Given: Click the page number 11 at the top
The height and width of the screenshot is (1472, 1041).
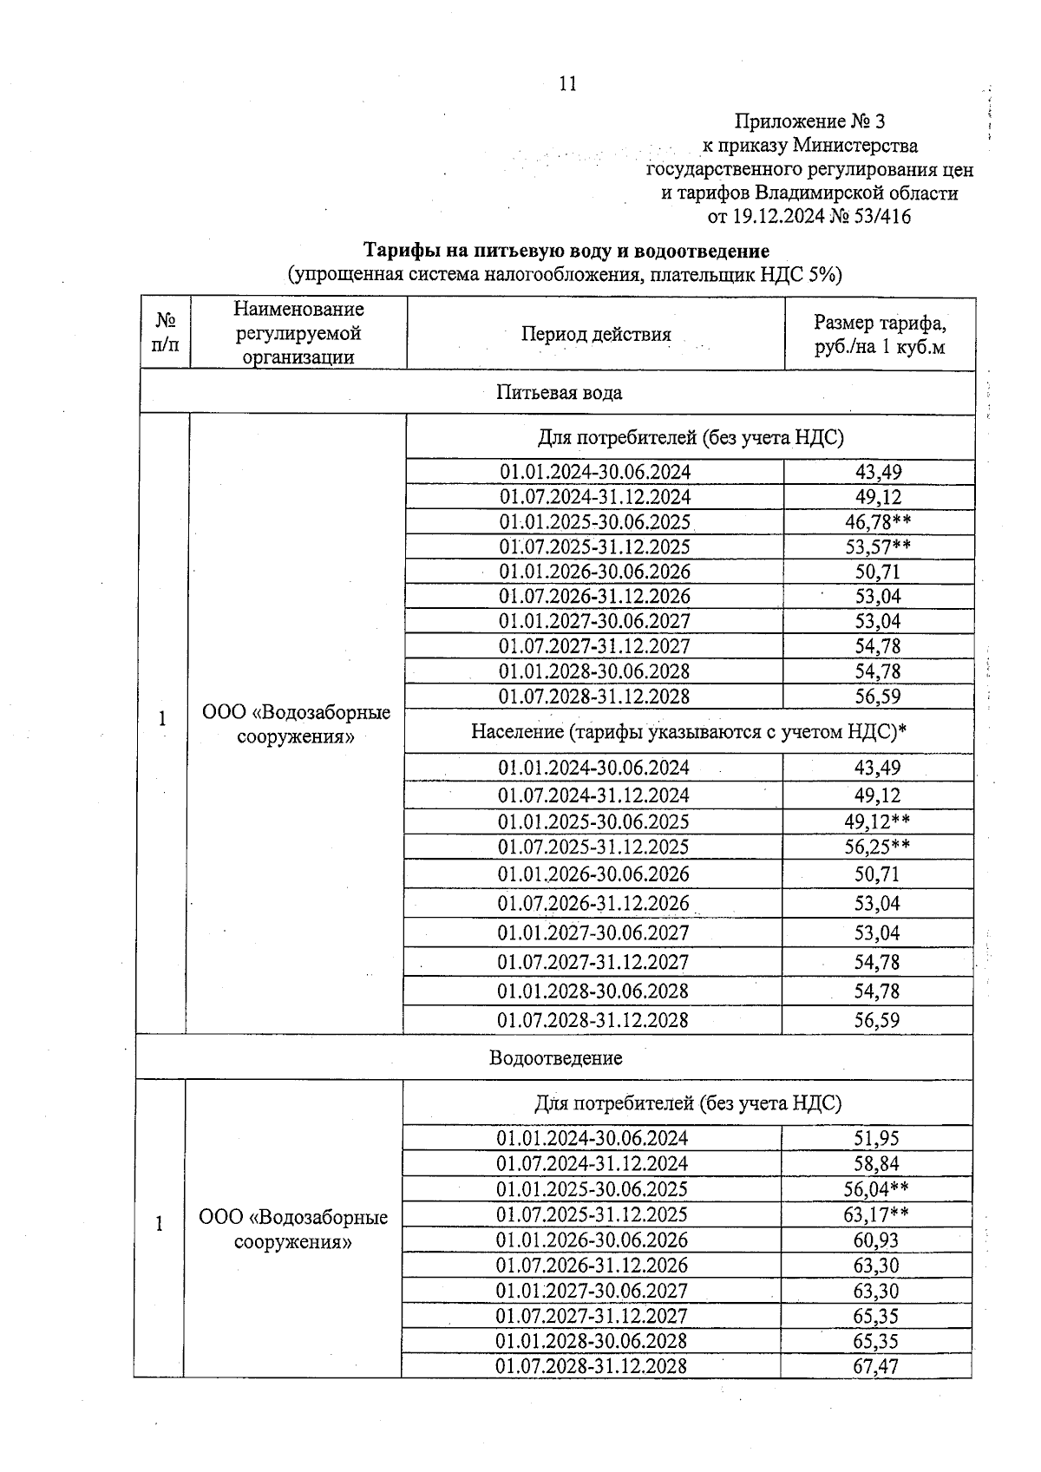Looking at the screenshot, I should click(567, 84).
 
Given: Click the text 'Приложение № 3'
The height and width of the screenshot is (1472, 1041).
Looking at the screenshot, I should click(809, 121).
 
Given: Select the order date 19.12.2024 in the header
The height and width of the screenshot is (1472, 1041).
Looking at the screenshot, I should click(776, 217).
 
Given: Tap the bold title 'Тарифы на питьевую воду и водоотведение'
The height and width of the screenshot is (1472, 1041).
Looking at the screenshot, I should click(566, 252).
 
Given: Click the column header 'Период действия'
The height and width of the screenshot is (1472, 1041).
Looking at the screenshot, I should click(596, 335).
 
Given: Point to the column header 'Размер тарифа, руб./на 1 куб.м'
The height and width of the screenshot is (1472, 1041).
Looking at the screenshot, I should click(880, 335).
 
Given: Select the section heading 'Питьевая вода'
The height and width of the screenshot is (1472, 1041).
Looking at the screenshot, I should click(559, 393).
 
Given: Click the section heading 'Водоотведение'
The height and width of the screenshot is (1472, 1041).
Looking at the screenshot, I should click(555, 1058).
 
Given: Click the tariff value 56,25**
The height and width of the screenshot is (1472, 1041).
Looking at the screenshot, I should click(877, 847).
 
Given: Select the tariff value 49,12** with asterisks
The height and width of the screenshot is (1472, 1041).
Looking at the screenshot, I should click(877, 821).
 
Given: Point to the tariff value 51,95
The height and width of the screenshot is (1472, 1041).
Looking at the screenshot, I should click(876, 1139).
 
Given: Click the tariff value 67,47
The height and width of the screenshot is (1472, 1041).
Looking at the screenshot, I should click(876, 1366).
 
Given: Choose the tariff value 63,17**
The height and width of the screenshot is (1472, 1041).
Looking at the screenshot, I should click(876, 1214).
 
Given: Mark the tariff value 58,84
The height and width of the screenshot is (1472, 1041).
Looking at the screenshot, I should click(876, 1164).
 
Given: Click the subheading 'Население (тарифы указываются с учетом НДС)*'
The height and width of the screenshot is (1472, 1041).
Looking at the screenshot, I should click(689, 732).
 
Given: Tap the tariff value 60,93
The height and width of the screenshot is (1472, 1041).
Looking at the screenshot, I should click(876, 1240).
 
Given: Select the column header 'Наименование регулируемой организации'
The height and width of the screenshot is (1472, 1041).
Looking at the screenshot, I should click(298, 333).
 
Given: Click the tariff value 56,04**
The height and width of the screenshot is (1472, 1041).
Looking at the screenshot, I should click(876, 1189).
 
